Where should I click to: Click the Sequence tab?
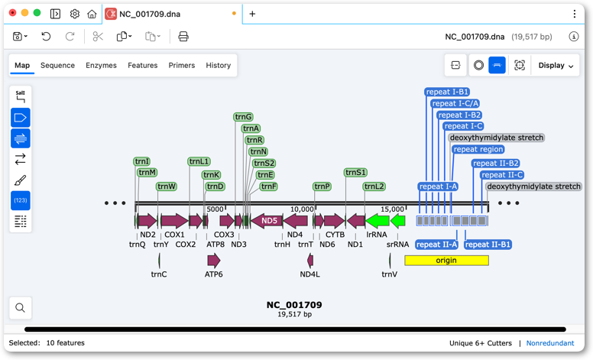coord(57,66)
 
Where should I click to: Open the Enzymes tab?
coord(101,66)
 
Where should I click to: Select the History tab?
coord(219,66)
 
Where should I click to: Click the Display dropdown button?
coord(556,66)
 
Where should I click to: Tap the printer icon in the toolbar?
coord(183,36)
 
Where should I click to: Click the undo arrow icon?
coord(46,36)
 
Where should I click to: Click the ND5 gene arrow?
coord(267,220)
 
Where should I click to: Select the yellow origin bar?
coord(446,260)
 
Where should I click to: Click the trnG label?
coord(243,117)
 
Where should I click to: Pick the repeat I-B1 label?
coord(447,92)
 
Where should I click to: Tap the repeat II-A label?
coord(437,245)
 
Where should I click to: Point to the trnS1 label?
coord(355,173)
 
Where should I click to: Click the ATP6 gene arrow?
coord(214,260)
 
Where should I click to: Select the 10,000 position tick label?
coord(302,209)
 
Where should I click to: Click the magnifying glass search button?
coord(21,308)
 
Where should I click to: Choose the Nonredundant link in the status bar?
coord(550,343)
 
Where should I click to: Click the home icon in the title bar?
coord(92,14)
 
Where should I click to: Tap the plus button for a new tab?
coord(252,14)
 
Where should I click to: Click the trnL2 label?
coord(374,186)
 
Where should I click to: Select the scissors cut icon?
coord(98,36)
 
